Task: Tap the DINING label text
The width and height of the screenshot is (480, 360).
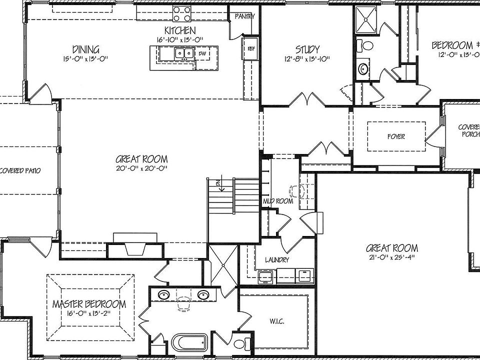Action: click(85, 49)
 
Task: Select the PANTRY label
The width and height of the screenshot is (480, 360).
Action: click(245, 16)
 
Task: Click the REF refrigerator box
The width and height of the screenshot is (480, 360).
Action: click(250, 48)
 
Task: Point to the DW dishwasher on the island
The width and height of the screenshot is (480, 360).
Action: click(202, 53)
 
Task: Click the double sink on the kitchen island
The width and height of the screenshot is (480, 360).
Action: click(184, 53)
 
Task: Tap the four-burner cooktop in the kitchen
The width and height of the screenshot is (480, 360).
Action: click(181, 12)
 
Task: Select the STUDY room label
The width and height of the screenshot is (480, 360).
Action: click(307, 49)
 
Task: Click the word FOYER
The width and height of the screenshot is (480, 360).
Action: click(396, 136)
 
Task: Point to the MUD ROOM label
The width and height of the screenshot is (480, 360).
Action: click(277, 201)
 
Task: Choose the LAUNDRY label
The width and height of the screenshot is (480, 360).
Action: click(276, 260)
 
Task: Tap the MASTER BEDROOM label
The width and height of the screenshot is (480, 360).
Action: click(89, 304)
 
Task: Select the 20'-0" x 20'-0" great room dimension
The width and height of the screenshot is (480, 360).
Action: click(141, 168)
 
